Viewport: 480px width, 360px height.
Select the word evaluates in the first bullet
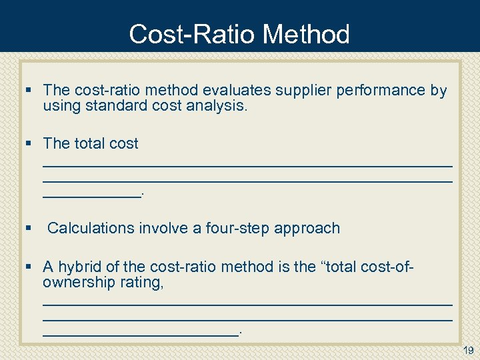point(234,90)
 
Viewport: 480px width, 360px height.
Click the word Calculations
point(91,228)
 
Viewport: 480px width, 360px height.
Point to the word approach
point(307,228)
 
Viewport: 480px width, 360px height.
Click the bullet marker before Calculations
point(28,228)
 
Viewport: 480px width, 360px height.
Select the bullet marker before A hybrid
point(28,267)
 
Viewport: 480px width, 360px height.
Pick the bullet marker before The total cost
point(28,143)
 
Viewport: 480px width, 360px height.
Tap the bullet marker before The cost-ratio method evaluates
point(28,90)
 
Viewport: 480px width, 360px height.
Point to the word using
point(61,105)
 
